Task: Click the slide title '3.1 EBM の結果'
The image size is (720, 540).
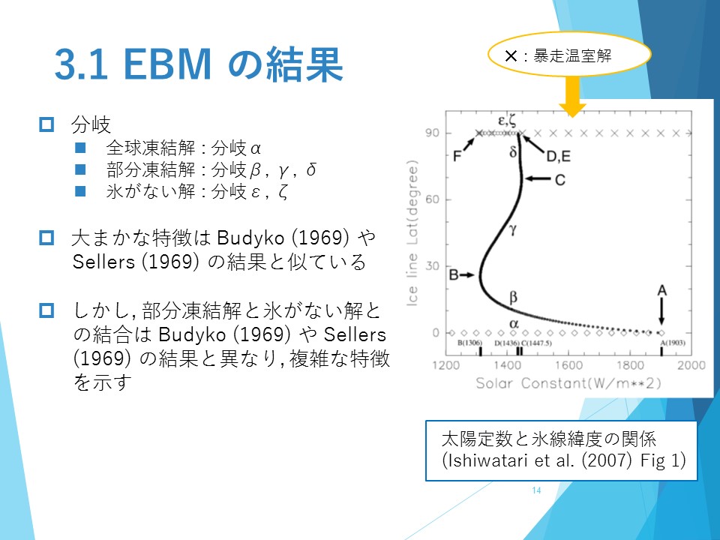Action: [x=199, y=64]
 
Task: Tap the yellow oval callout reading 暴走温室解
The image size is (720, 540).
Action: [x=569, y=55]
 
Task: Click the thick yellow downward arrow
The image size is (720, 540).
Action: [x=572, y=97]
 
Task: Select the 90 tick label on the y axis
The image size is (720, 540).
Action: [x=432, y=133]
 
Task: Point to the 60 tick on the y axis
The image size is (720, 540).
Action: [x=432, y=199]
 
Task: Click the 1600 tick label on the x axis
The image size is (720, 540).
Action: [x=568, y=365]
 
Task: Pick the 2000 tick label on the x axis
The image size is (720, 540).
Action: [x=691, y=365]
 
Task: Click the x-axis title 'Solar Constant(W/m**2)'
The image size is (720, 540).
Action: [x=568, y=383]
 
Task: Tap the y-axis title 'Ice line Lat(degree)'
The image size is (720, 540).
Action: [x=412, y=233]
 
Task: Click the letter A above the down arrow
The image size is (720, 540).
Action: [x=661, y=290]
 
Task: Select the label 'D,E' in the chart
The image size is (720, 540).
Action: [x=558, y=157]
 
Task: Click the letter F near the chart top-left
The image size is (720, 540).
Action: [x=457, y=156]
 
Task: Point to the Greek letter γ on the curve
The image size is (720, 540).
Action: [x=513, y=229]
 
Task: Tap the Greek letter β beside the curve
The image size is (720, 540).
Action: [x=513, y=297]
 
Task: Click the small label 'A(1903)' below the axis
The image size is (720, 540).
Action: [x=673, y=343]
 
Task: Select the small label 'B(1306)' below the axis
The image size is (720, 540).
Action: [x=469, y=343]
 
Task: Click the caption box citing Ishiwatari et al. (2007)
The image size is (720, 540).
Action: [x=561, y=451]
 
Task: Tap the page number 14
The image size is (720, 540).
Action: [x=536, y=490]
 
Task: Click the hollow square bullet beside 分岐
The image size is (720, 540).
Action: [x=46, y=124]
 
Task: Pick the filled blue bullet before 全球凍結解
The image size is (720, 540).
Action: [x=80, y=148]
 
